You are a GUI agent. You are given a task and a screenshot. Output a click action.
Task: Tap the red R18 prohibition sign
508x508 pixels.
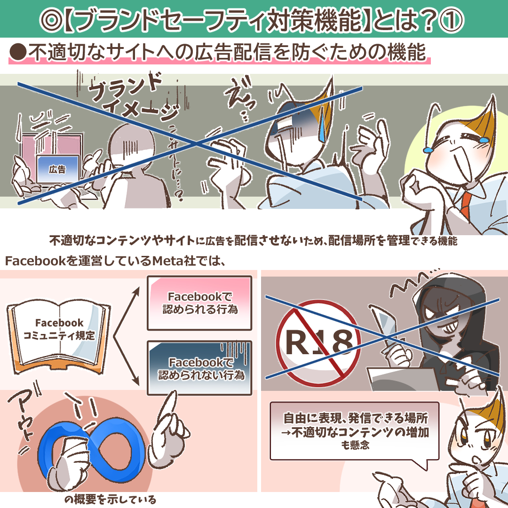point(318,342)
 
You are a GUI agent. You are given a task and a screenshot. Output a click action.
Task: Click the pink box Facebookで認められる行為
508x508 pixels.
point(199,303)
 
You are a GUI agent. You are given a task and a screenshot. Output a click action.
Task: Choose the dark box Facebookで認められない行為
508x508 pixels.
point(199,368)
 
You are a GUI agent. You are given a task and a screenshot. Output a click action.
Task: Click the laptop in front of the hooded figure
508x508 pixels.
point(405,379)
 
